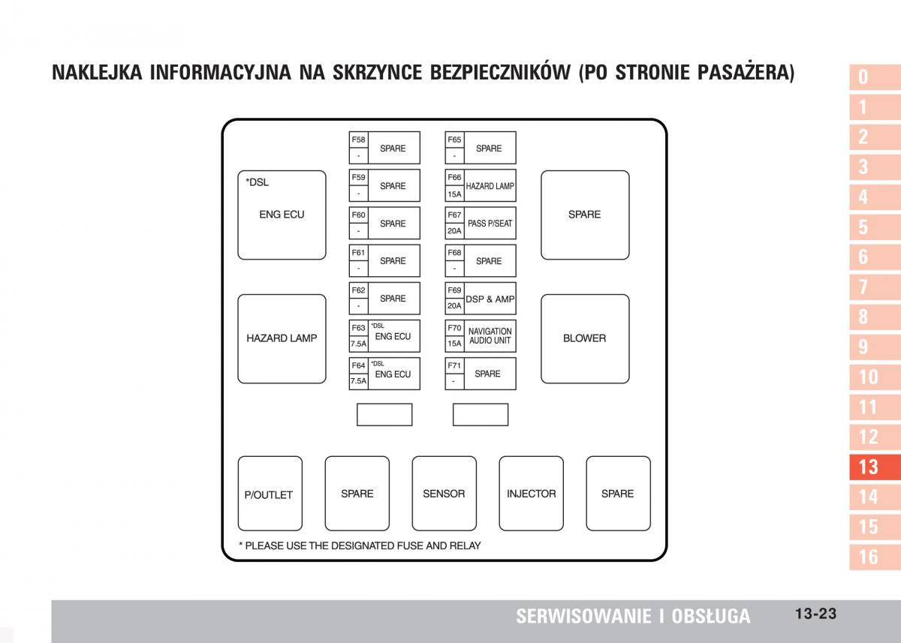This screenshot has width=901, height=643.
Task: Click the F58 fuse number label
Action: [358, 140]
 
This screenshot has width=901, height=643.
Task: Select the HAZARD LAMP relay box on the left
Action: [282, 338]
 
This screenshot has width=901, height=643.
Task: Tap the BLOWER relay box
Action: [585, 338]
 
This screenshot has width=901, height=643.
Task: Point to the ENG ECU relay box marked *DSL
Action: [282, 215]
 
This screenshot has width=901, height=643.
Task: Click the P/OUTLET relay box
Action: [270, 494]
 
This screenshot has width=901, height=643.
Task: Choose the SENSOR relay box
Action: [444, 494]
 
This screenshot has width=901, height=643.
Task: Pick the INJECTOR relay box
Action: [531, 494]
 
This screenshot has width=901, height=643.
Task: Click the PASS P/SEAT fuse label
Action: [490, 224]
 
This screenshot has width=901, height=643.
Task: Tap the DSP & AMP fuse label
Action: [490, 299]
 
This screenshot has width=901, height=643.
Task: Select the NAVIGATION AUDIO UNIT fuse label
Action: [490, 336]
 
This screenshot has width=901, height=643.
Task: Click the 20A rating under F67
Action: [454, 231]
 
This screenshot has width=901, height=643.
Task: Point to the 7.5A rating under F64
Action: [358, 381]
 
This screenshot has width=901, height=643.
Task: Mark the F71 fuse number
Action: [454, 365]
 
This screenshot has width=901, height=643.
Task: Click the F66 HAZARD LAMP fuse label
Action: [490, 186]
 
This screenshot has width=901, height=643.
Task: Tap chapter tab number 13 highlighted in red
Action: [868, 467]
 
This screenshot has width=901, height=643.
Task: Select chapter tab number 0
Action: [863, 77]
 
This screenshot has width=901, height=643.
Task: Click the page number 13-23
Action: [815, 614]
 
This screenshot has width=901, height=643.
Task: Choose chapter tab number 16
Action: [868, 557]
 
